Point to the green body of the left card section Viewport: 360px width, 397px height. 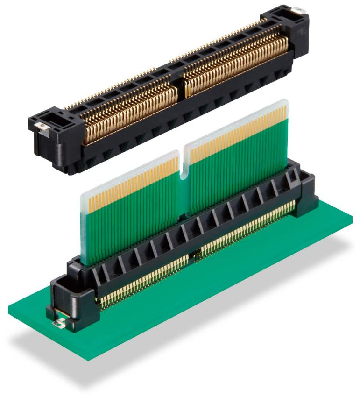click(131, 220)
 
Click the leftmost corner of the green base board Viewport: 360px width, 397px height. click(9, 308)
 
